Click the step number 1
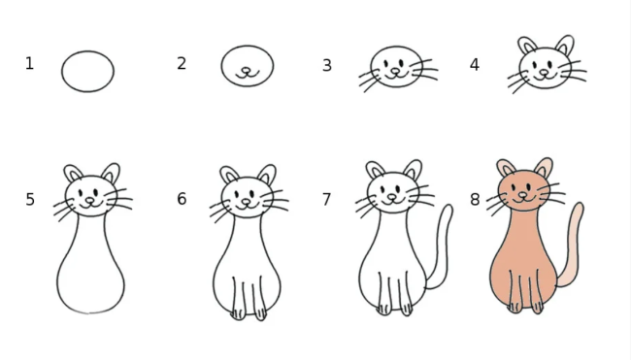(x=29, y=63)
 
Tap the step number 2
(x=182, y=63)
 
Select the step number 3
(x=327, y=65)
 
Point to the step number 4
(x=475, y=64)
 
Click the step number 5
(x=30, y=200)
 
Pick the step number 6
(x=182, y=199)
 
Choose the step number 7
(x=327, y=200)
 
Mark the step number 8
(x=475, y=200)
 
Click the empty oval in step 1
(x=61, y=72)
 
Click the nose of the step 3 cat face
(x=396, y=71)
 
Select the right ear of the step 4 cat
(x=565, y=45)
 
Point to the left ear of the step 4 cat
(x=527, y=46)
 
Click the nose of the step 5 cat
(x=89, y=200)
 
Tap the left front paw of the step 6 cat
(x=238, y=314)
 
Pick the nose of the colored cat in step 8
(x=522, y=195)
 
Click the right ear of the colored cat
(x=544, y=167)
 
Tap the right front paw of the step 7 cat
(x=407, y=310)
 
